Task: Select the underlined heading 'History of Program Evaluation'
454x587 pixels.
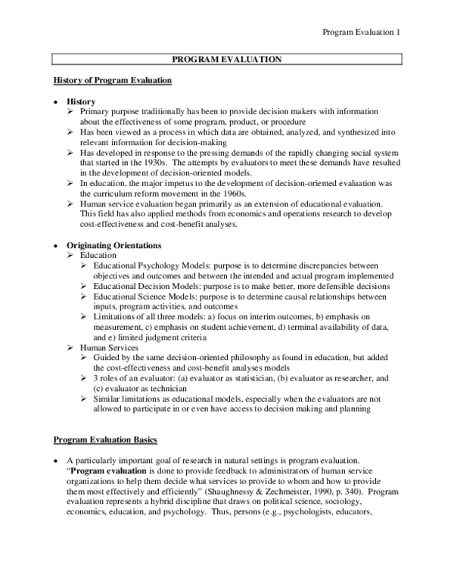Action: point(113,79)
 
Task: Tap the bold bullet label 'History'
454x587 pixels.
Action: point(81,101)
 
